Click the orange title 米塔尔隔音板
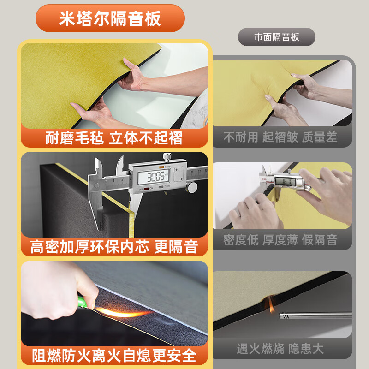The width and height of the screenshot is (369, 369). [x=110, y=18]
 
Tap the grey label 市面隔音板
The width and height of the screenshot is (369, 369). [x=277, y=37]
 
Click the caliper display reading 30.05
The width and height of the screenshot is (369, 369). [x=154, y=177]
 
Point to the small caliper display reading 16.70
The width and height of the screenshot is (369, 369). [x=285, y=181]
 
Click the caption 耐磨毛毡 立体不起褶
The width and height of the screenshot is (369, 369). [x=114, y=137]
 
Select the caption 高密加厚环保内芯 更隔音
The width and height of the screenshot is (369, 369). [x=114, y=247]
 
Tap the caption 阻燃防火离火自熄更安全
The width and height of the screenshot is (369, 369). [x=114, y=356]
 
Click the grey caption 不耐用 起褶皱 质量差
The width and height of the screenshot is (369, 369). [x=280, y=137]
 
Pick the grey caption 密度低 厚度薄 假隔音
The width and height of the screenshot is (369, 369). [x=280, y=240]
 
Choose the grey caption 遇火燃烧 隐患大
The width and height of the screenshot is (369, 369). [x=280, y=349]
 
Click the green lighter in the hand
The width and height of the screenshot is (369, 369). [x=83, y=303]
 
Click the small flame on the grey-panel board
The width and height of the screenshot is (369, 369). [x=271, y=304]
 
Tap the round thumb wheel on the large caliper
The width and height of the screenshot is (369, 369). [x=192, y=187]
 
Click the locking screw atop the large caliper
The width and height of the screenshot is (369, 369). [x=167, y=157]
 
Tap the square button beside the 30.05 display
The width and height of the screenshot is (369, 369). [x=179, y=174]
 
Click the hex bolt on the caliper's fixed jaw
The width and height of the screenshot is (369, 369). [x=97, y=185]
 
